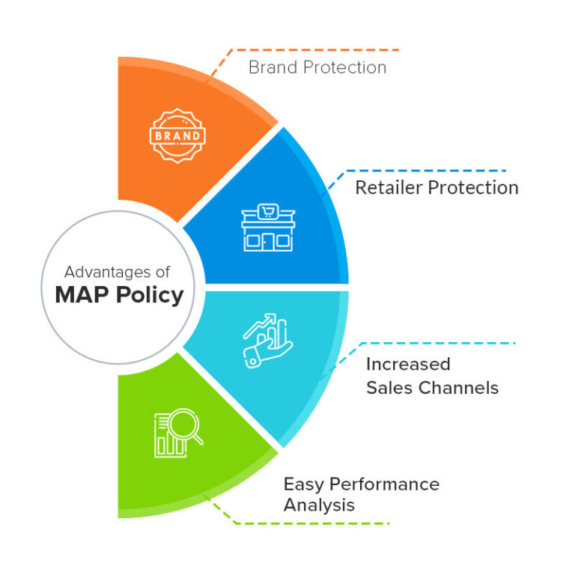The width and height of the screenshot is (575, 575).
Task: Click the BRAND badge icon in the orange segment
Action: click(x=177, y=136)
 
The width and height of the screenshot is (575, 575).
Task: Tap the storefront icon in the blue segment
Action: click(x=268, y=227)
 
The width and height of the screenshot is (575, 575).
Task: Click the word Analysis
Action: click(x=319, y=505)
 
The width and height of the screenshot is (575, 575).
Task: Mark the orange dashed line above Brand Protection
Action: click(x=314, y=50)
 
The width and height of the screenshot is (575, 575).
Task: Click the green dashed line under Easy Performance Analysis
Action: click(x=314, y=523)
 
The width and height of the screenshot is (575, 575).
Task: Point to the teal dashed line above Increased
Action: click(x=442, y=343)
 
